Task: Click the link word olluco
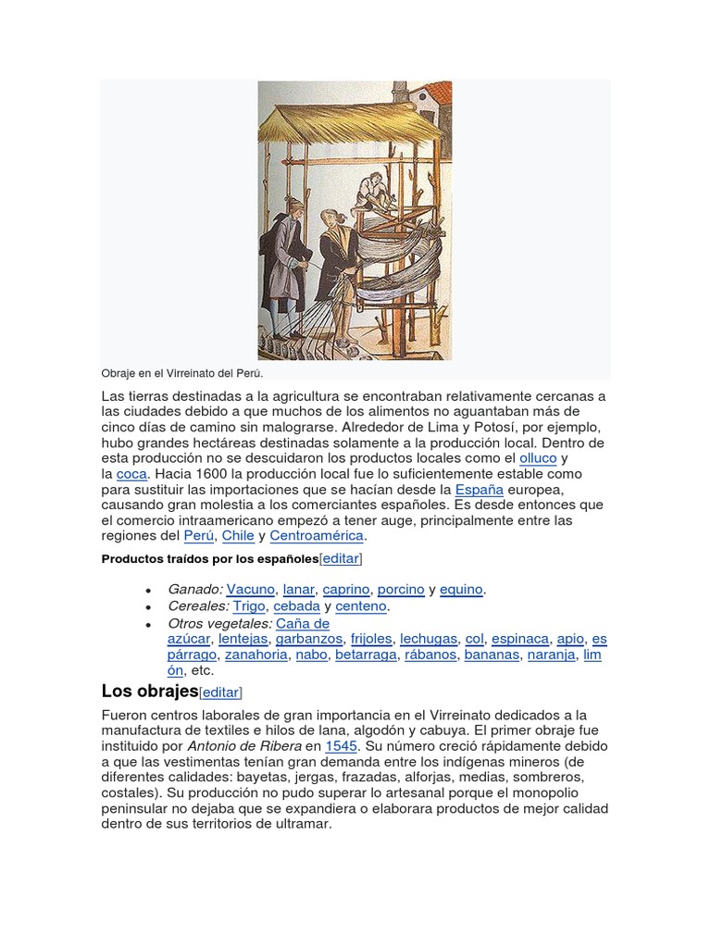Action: pos(538,457)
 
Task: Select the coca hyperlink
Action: pos(131,473)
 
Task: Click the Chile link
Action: pos(238,536)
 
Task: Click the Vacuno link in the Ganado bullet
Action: pos(251,589)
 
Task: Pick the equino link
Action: pos(462,589)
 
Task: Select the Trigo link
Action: pos(249,606)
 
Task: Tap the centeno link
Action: pos(361,606)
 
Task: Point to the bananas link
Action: pos(492,655)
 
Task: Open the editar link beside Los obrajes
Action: pos(220,692)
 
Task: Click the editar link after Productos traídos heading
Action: pos(341,558)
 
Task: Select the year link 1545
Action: pos(341,746)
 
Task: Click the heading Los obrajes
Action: pos(149,692)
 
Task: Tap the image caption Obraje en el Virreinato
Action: pos(182,373)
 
